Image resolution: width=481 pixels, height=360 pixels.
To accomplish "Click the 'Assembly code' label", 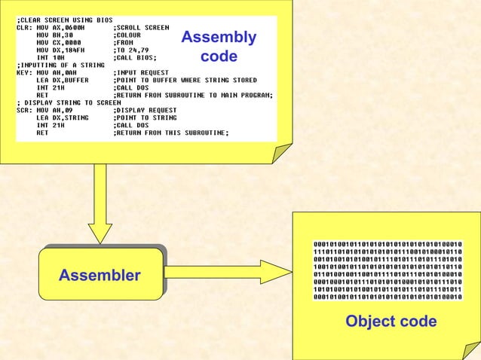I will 219,47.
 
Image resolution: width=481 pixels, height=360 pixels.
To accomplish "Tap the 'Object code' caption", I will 391,322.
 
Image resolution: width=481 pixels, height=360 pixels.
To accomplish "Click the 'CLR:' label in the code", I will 23,27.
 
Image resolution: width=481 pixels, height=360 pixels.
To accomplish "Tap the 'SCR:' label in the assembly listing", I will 23,110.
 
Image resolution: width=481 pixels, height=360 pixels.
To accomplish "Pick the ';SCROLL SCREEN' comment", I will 141,27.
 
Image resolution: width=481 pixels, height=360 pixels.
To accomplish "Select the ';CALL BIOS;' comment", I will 135,57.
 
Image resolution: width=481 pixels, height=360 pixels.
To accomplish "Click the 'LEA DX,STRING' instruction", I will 63,117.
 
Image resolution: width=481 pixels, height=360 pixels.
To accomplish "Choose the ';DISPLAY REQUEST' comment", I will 145,110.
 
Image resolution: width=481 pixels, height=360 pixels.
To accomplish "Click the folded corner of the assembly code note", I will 280,154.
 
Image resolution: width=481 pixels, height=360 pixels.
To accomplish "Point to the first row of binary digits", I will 388,244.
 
